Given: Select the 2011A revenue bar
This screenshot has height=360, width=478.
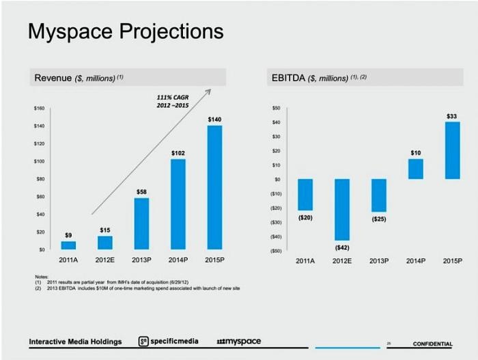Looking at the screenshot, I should pos(68,245).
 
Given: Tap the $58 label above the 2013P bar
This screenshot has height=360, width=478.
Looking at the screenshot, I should pos(141,193).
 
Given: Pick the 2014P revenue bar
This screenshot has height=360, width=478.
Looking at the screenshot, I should pos(178,204).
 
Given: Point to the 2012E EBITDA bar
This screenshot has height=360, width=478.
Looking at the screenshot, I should pos(341,209).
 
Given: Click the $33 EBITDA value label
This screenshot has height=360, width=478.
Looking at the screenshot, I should pos(451,117).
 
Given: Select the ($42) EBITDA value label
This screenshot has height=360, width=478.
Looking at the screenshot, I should pos(341,247).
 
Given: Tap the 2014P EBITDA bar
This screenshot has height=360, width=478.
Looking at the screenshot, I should pos(415,169).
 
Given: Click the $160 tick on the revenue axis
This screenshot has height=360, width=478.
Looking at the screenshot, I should pos(39,109).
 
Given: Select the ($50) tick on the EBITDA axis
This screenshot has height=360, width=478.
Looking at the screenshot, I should pos(275,251).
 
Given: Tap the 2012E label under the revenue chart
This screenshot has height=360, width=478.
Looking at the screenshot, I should pos(104,260).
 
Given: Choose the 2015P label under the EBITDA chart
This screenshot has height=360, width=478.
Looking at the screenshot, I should pos(452,261).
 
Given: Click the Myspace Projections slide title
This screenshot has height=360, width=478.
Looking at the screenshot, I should pos(126,31).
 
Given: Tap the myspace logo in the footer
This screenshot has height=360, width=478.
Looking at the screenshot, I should pos(238,341).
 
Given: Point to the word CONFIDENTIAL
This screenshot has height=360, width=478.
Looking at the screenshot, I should pos(432,344).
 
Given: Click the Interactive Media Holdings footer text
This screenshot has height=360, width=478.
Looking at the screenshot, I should pos(75,342).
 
